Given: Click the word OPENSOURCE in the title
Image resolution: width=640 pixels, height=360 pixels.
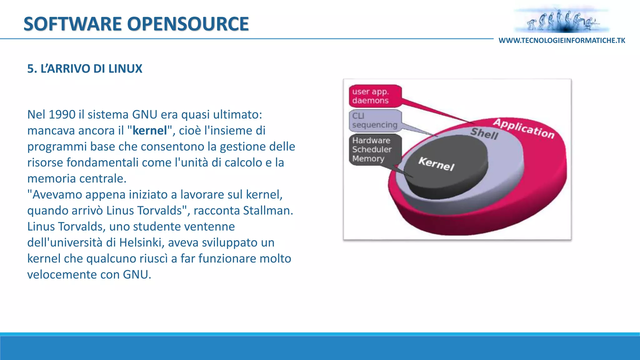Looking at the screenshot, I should tap(188, 24).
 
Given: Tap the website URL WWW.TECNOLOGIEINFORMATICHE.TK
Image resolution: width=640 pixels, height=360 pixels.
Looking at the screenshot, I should tap(562, 41).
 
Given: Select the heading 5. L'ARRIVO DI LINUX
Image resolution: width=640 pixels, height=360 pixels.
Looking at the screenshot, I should tap(85, 69).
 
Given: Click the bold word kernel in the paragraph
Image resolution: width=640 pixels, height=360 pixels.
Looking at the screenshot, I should tap(150, 131).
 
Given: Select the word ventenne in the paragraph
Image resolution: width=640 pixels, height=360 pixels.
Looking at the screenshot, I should tap(209, 227).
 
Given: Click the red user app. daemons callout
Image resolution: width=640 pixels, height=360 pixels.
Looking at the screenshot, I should tap(375, 96).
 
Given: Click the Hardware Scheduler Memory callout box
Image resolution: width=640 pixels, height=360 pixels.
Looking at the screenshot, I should tap(374, 149).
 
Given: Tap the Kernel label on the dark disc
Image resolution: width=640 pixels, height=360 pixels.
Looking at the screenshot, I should tap(436, 164).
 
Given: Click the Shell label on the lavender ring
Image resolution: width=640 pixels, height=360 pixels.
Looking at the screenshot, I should tap(484, 133).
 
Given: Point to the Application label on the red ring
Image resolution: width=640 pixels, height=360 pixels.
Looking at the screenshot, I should tap(524, 128).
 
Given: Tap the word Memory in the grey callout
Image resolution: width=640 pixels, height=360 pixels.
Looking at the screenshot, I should tap(368, 159).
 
